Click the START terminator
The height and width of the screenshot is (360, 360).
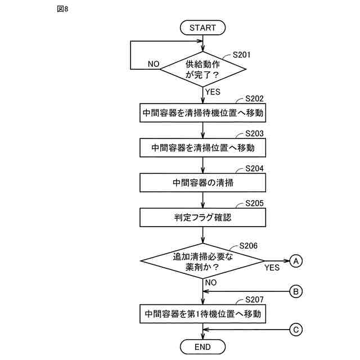202,28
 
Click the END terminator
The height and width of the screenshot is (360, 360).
202,347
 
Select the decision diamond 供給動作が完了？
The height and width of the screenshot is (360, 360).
202,69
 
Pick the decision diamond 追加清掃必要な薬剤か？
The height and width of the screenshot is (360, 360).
202,261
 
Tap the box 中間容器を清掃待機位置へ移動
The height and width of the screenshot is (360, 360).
202,112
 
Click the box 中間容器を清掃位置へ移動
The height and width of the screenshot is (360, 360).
202,147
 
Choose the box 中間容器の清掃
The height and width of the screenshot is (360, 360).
202,182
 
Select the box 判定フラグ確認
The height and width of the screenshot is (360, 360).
202,217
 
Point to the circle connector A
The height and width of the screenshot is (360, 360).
296,260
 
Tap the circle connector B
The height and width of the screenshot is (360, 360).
296,291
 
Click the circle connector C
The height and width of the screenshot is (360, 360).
296,330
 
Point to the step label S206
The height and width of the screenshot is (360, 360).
249,246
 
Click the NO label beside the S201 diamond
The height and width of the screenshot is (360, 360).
153,64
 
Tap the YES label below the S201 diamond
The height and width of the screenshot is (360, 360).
213,92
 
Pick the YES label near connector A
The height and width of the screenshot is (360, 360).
272,268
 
